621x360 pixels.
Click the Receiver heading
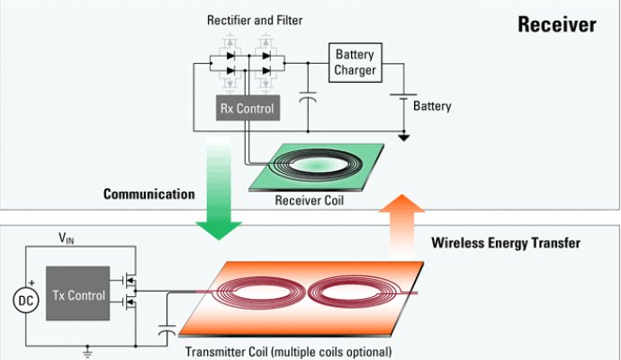pyautogui.click(x=556, y=24)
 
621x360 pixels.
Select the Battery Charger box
pyautogui.click(x=353, y=63)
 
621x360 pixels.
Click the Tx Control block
pyautogui.click(x=76, y=294)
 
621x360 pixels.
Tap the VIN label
pyautogui.click(x=66, y=238)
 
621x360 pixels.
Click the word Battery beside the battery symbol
pyautogui.click(x=432, y=106)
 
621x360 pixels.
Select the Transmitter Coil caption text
pyautogui.click(x=288, y=351)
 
